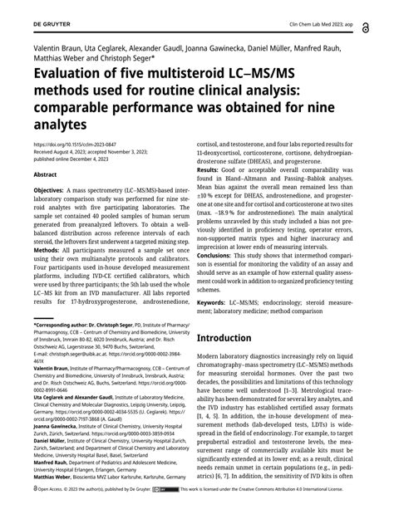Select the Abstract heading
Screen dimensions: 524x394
[44, 175]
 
